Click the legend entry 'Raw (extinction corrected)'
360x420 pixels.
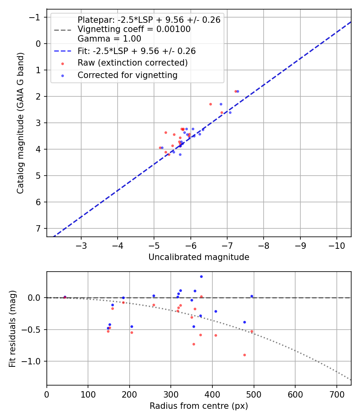(132, 63)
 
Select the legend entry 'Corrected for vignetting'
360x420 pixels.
(127, 75)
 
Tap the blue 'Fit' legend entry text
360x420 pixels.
(136, 51)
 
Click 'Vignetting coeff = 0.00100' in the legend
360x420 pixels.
(134, 29)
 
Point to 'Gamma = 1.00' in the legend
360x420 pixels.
(109, 39)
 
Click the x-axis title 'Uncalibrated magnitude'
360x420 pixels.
(199, 257)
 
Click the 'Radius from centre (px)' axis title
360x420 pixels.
(199, 406)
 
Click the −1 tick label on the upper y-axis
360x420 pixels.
(36, 17)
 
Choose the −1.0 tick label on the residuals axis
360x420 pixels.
(33, 361)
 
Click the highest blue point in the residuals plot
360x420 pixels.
(201, 276)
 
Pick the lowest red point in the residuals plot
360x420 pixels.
(244, 355)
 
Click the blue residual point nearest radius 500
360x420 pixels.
(252, 296)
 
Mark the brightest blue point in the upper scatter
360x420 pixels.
(238, 92)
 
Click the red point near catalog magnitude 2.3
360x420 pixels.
(210, 104)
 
